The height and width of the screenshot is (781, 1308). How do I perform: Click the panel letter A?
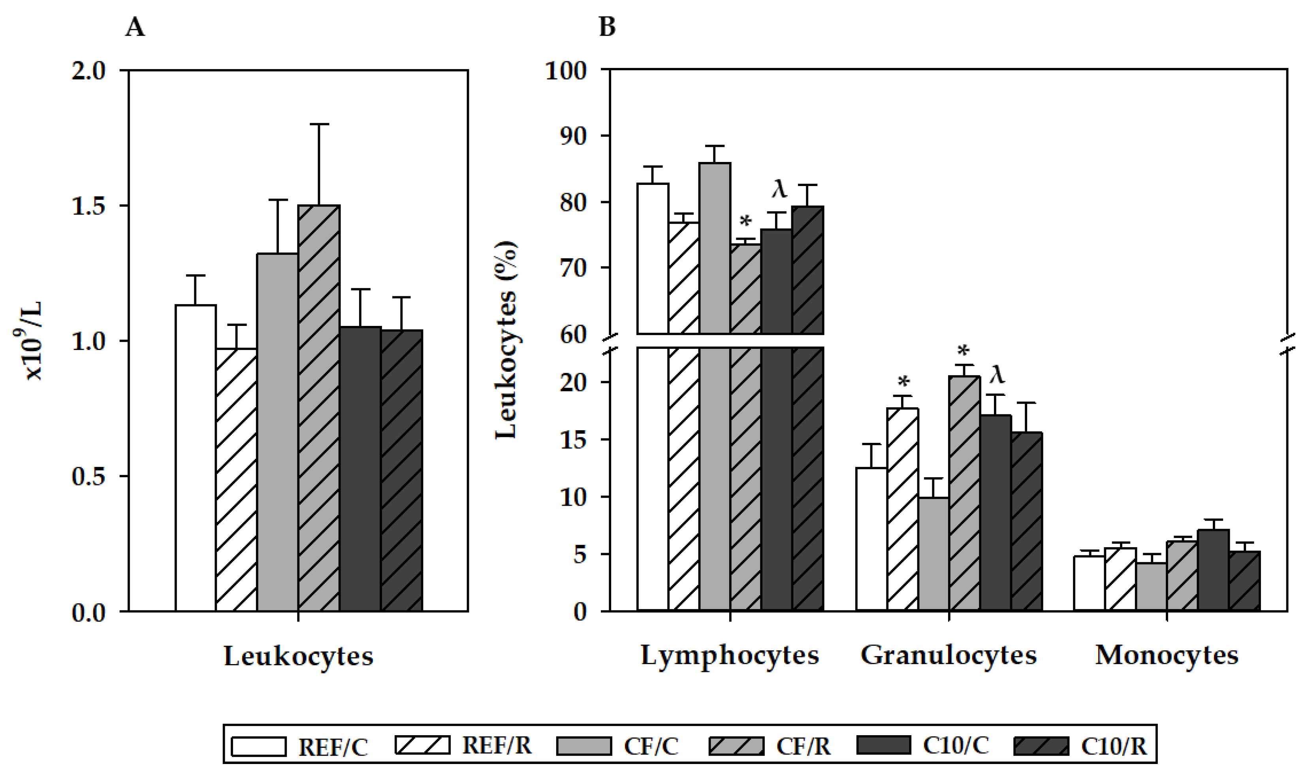point(135,27)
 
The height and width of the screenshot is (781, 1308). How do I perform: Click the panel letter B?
point(607,27)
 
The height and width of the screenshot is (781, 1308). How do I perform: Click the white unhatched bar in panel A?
point(195,458)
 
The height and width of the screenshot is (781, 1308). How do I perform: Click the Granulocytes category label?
point(949,656)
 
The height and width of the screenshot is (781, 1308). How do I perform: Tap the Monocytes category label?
point(1167,656)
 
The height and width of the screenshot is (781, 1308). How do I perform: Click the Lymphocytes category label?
point(730,656)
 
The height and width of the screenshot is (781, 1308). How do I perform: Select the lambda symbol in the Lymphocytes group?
point(779,189)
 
